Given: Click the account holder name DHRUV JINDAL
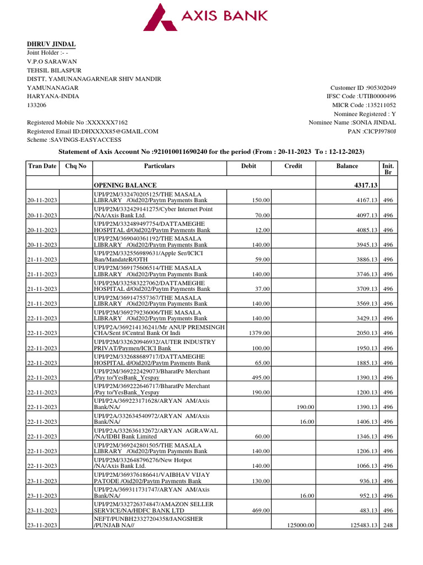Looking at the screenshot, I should pyautogui.click(x=52, y=44).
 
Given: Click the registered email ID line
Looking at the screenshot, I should pyautogui.click(x=93, y=131).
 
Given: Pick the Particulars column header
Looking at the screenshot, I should pyautogui.click(x=159, y=166).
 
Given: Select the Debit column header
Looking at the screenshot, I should pyautogui.click(x=248, y=166).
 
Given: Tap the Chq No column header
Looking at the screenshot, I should pyautogui.click(x=75, y=166).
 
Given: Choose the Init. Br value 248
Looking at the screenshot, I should pyautogui.click(x=388, y=526).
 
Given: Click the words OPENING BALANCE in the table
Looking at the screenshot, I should pyautogui.click(x=125, y=185).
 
